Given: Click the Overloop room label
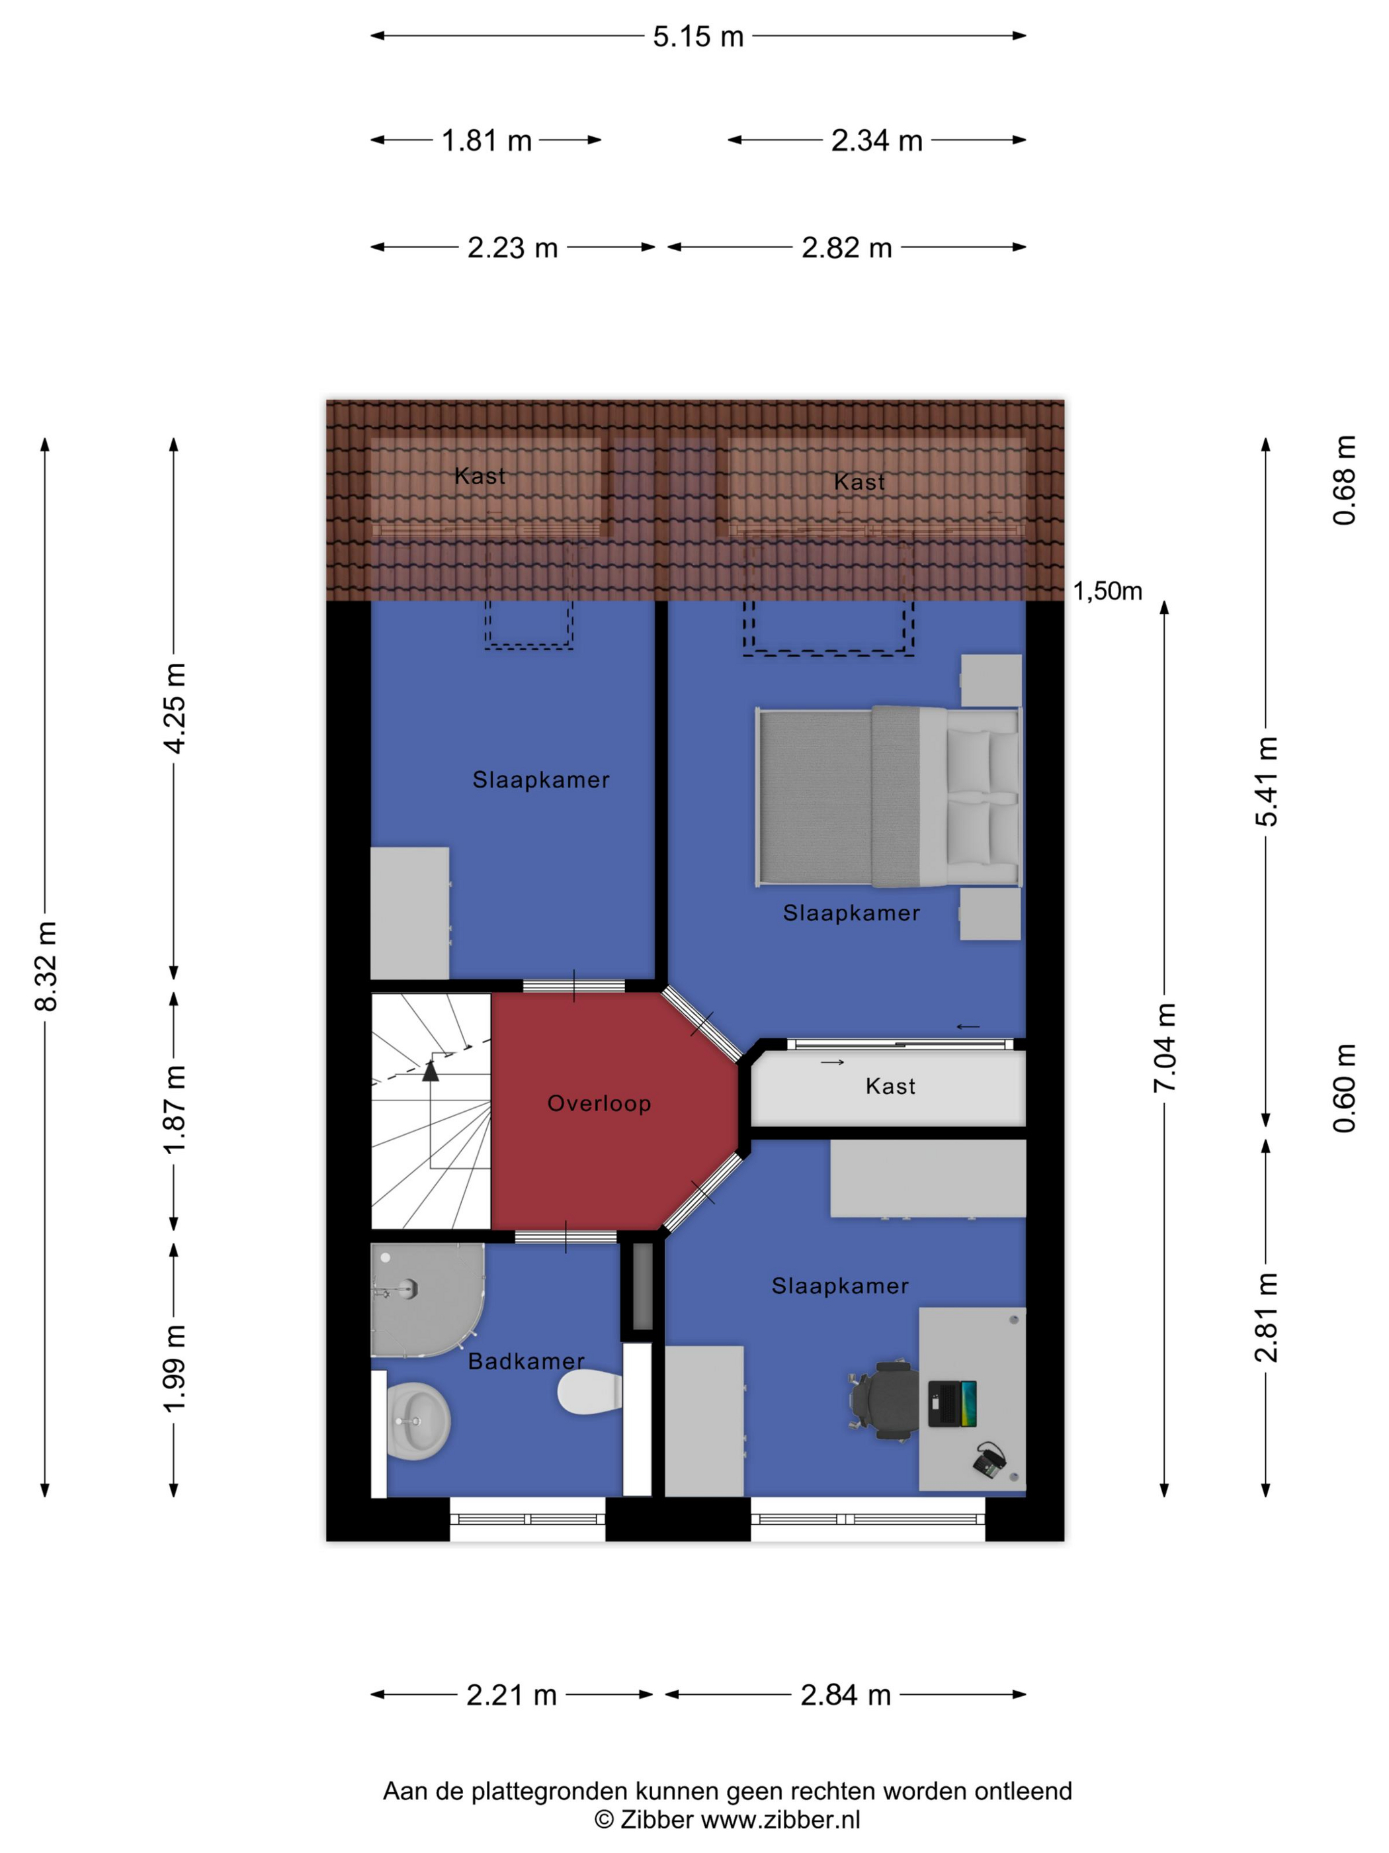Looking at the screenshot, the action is coord(599,1103).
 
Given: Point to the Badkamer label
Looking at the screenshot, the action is coord(526,1361).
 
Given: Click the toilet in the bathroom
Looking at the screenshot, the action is coord(589,1392).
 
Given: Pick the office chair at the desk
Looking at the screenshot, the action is coord(886,1400).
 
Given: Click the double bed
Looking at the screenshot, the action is coord(888,796).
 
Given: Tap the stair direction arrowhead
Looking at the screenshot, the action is coord(431,1071).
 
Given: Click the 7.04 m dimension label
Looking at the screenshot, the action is coord(1165,1047).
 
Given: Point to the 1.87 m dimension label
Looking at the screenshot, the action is coord(174,1110).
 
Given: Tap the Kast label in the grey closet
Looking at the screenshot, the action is coord(890,1087).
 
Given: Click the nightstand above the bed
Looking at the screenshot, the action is coord(991,680).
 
